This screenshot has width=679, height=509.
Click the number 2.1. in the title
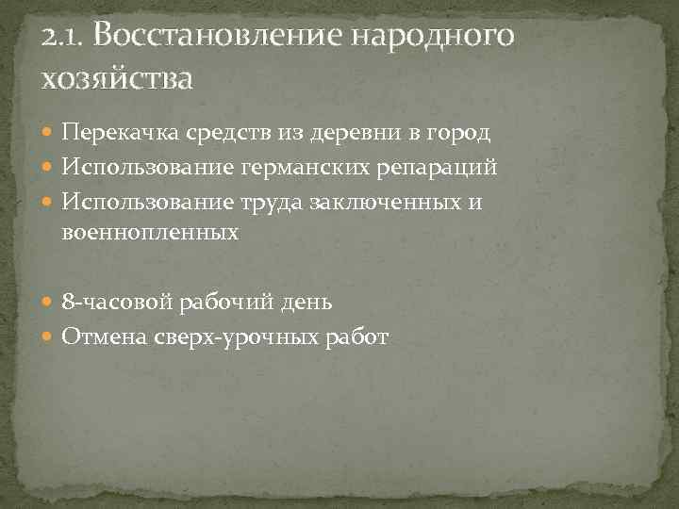(x=63, y=38)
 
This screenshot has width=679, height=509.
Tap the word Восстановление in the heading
(x=218, y=38)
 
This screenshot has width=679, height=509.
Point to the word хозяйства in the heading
(x=117, y=78)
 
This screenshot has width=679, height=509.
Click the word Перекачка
(x=121, y=134)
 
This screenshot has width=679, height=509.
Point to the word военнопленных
(x=151, y=230)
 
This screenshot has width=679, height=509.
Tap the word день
(x=306, y=304)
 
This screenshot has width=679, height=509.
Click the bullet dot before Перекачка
(x=49, y=135)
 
